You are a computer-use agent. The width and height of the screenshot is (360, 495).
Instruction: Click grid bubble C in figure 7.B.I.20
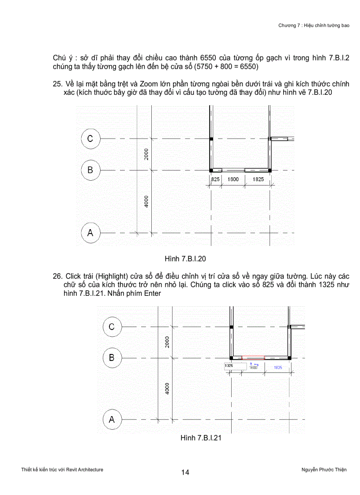90,139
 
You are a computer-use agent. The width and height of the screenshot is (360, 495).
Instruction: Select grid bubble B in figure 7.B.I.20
90,170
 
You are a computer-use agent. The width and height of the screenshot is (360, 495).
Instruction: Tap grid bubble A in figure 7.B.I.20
90,232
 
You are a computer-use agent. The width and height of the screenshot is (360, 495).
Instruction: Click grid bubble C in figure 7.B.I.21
112,327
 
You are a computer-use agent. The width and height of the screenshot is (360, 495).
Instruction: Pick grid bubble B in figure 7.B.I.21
112,357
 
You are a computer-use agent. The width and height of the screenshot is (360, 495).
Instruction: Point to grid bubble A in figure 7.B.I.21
112,420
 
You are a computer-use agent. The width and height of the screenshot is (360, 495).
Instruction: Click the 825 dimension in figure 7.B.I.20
215,179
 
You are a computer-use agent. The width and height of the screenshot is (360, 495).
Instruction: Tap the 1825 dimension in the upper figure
258,179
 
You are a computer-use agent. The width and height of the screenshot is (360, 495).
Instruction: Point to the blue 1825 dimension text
278,367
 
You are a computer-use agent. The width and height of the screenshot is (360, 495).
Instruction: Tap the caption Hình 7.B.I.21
200,438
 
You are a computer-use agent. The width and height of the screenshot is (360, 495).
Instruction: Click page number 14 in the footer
185,473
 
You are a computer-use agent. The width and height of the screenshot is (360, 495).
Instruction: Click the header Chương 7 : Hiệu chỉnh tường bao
314,26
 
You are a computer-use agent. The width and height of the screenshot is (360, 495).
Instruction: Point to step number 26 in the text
57,276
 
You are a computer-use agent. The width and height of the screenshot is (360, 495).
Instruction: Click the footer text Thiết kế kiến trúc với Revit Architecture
62,470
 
